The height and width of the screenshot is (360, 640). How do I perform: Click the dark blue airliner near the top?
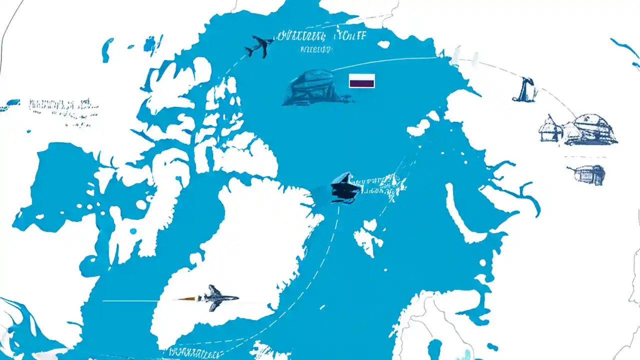pos(259,45)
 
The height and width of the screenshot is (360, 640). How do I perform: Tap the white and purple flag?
pos(361,80)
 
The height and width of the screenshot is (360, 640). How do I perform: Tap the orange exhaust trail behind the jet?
pos(187,298)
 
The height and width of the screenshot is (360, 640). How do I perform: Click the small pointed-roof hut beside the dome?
pos(549,129)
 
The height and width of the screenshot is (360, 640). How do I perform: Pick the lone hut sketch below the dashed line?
pos(588,174)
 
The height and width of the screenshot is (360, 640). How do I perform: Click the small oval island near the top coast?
pos(383,44)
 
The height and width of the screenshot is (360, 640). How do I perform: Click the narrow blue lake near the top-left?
pos(107,50)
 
